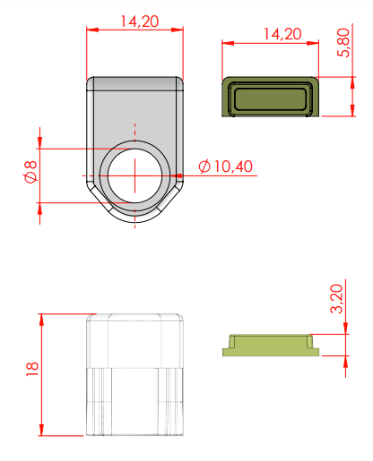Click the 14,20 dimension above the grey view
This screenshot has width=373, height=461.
pyautogui.click(x=139, y=21)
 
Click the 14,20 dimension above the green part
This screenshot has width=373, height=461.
pyautogui.click(x=282, y=34)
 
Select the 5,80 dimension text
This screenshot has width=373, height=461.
pyautogui.click(x=343, y=42)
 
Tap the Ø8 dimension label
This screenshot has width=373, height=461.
pyautogui.click(x=30, y=172)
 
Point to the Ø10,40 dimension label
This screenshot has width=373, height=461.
pyautogui.click(x=226, y=166)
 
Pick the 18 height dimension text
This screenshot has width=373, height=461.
pyautogui.click(x=32, y=369)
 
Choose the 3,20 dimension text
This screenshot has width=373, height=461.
pyautogui.click(x=336, y=299)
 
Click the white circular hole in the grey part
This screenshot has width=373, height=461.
pyautogui.click(x=134, y=175)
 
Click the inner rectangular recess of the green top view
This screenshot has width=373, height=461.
pyautogui.click(x=271, y=98)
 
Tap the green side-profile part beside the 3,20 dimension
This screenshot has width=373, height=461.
pyautogui.click(x=271, y=346)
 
